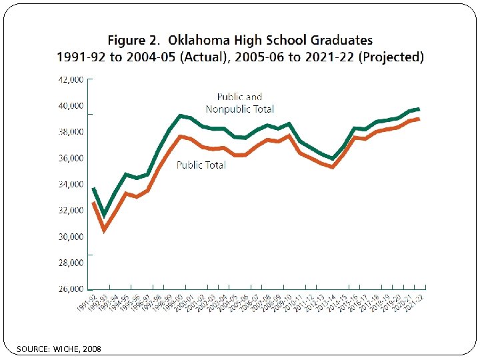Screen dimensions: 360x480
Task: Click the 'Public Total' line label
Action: (x=201, y=165)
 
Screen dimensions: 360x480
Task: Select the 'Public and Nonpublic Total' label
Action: (x=239, y=103)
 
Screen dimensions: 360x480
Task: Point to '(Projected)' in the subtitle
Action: (x=391, y=57)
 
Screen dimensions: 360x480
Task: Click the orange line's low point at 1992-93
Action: (x=104, y=230)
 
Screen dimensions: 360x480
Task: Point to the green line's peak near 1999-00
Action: (x=180, y=116)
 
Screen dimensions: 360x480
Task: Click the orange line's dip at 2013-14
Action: (x=332, y=167)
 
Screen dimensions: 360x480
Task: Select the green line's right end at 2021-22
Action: (x=418, y=109)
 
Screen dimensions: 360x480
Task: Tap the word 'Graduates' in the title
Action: (x=338, y=41)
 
